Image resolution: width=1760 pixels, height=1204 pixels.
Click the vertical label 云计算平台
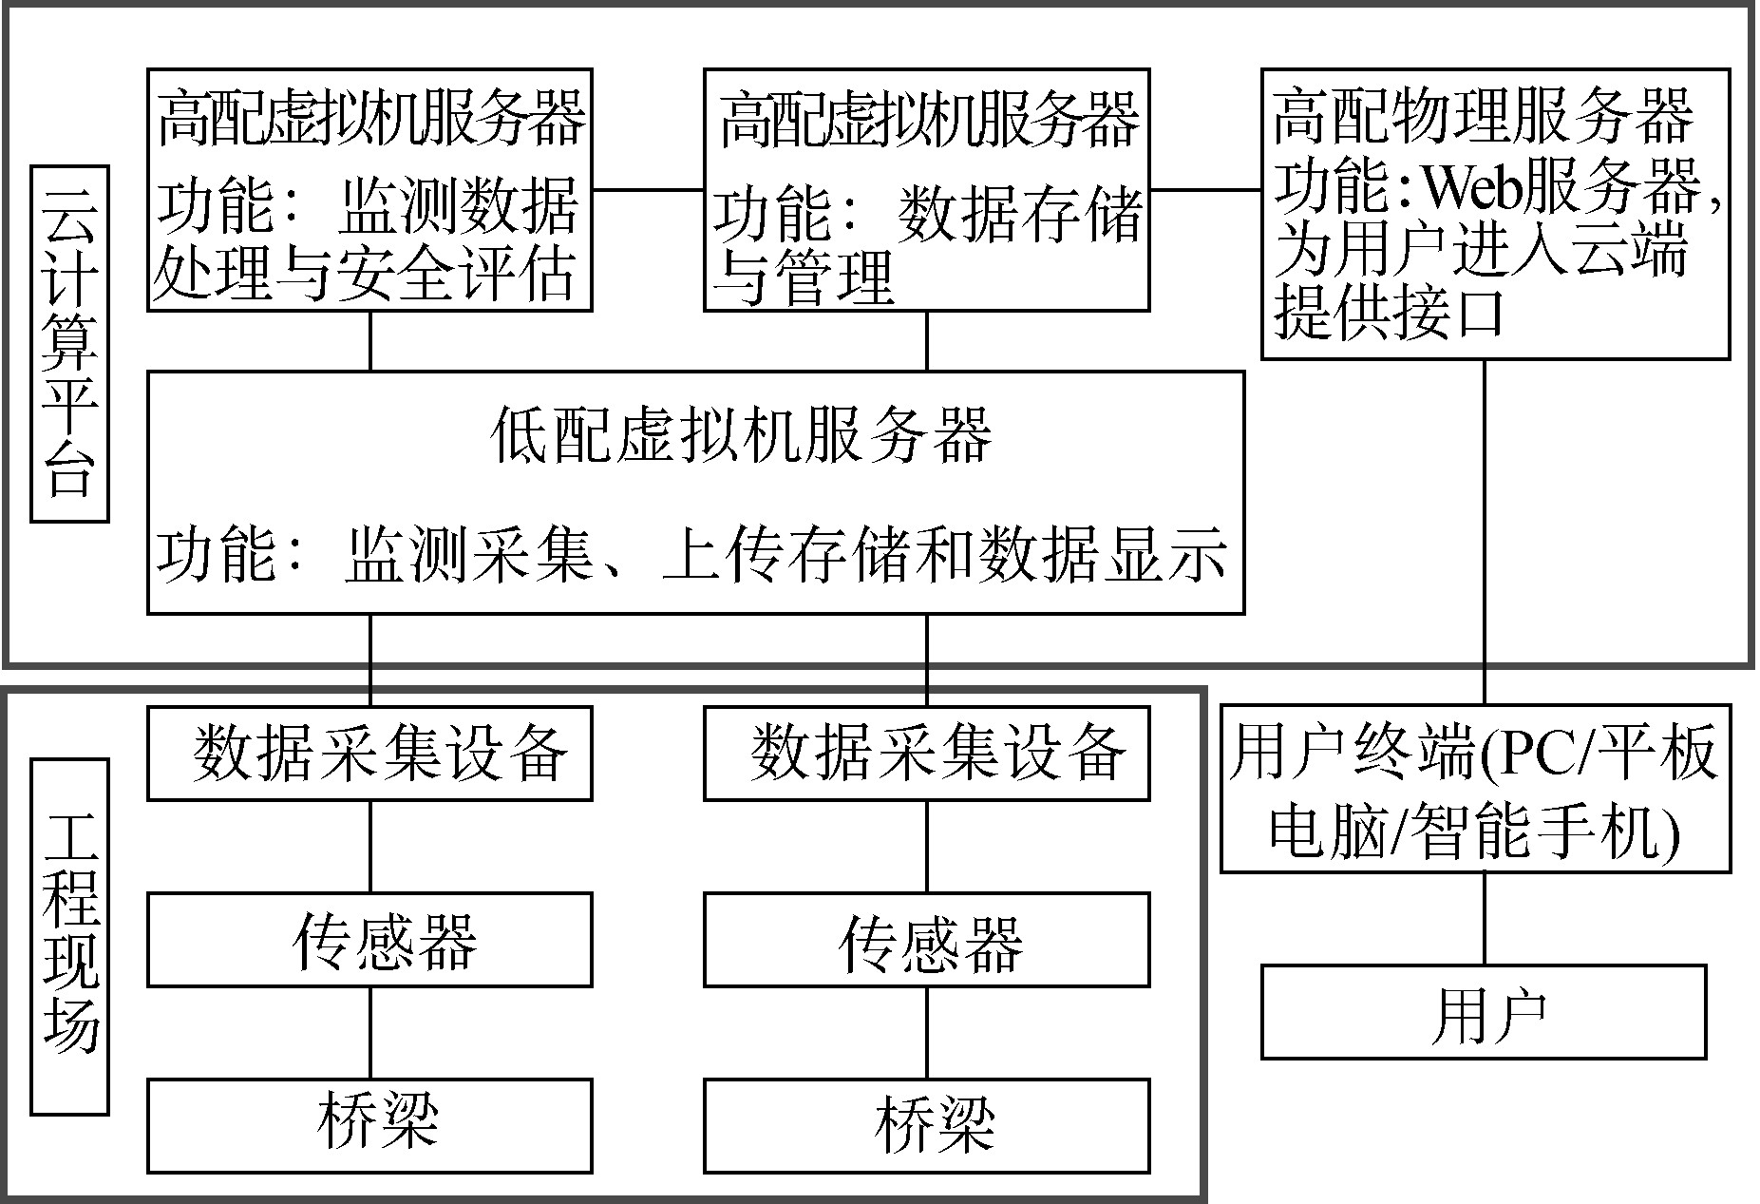pyautogui.click(x=69, y=344)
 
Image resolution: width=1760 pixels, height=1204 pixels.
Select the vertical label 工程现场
pyautogui.click(x=69, y=935)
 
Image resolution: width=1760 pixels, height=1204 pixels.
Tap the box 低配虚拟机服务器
pyautogui.click(x=695, y=492)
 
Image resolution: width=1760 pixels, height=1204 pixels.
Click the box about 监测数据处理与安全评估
pyautogui.click(x=369, y=190)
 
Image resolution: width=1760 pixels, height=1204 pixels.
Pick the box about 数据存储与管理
pyautogui.click(x=926, y=190)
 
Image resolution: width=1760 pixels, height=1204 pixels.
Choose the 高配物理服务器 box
pyautogui.click(x=1495, y=214)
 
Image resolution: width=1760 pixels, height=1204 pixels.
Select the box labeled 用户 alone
pyautogui.click(x=1484, y=1012)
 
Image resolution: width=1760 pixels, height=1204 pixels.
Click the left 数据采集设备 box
pyautogui.click(x=369, y=753)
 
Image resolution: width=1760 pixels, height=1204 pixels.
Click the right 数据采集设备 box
pyautogui.click(x=926, y=753)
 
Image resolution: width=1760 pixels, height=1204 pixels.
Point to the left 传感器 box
pyautogui.click(x=369, y=939)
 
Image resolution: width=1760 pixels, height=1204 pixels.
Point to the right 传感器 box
pyautogui.click(x=926, y=939)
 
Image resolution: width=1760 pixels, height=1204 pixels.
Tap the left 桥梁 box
pyautogui.click(x=369, y=1125)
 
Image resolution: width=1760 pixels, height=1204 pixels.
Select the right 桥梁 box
pyautogui.click(x=926, y=1125)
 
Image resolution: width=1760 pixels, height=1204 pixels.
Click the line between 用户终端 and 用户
pyautogui.click(x=1485, y=919)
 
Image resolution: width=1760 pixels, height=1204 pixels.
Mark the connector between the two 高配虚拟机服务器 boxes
pyautogui.click(x=648, y=189)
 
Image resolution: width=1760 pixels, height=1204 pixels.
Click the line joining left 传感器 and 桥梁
pyautogui.click(x=369, y=1032)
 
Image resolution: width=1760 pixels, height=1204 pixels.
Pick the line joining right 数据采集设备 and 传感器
pyautogui.click(x=927, y=846)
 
